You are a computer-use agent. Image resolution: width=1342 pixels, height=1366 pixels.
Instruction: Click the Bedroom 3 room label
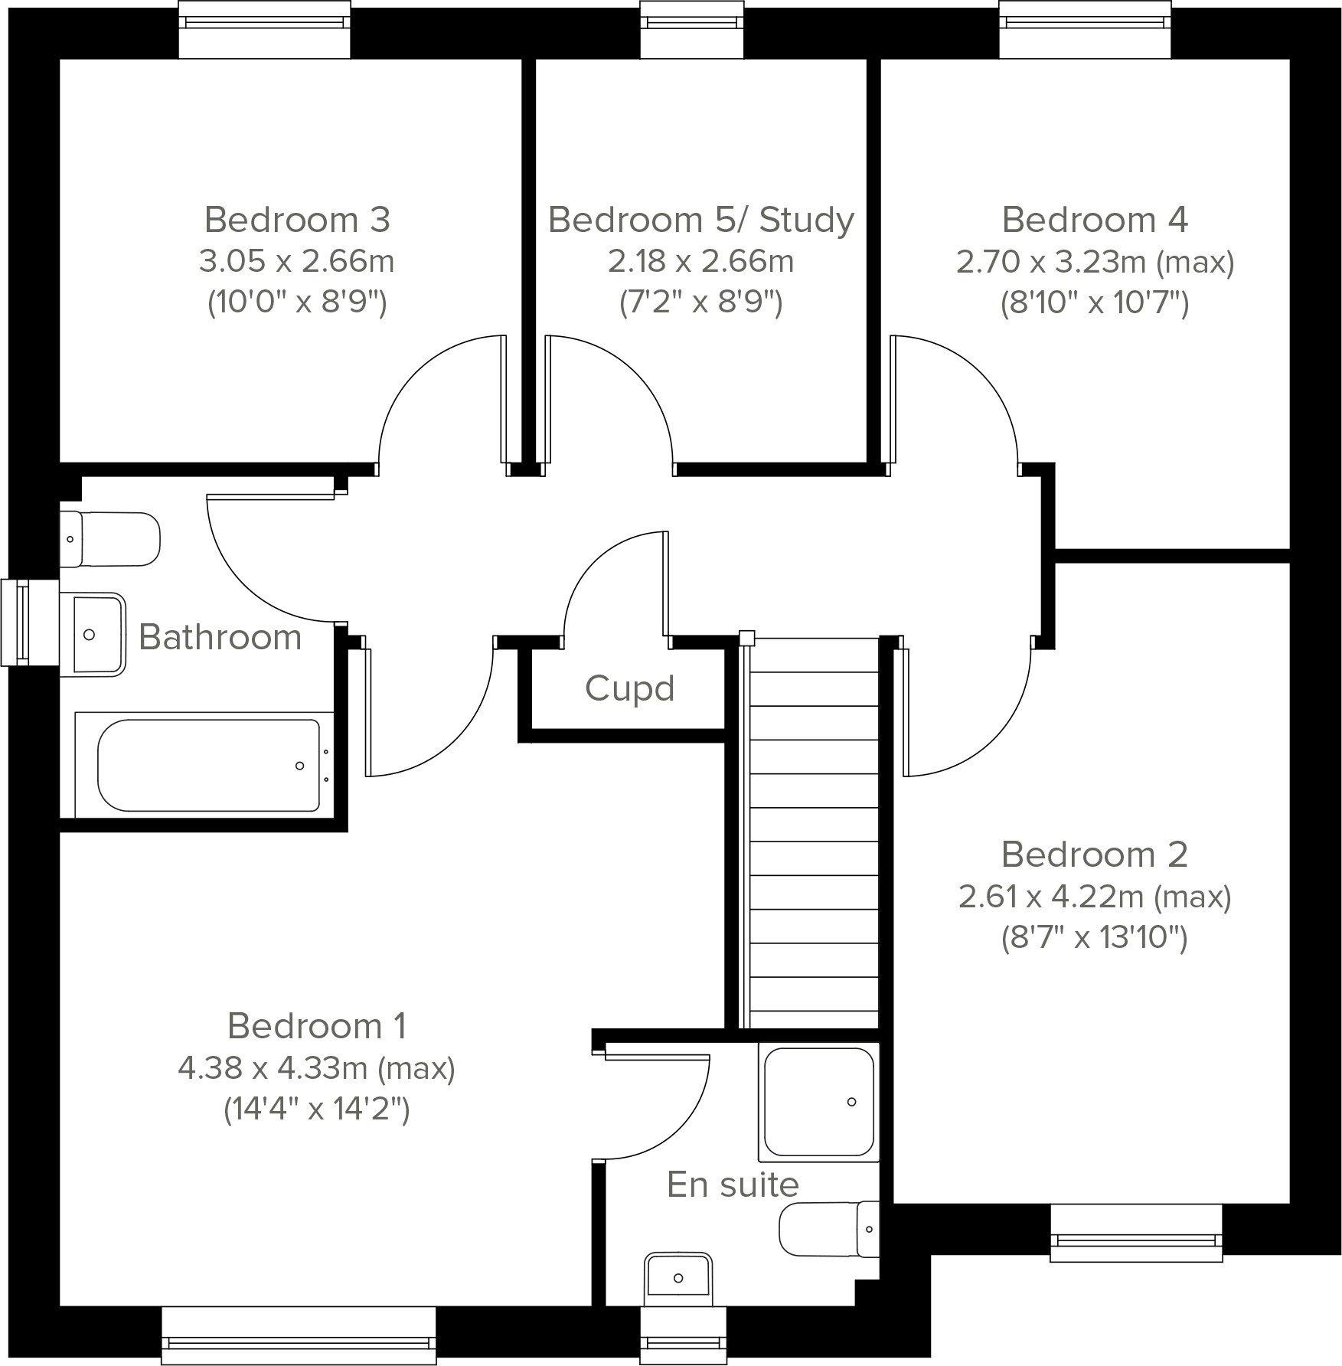click(297, 220)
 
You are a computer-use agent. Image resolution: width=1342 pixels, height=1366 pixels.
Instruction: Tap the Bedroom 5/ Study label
click(700, 220)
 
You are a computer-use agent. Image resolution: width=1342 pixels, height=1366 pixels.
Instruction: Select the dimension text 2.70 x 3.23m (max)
click(1095, 263)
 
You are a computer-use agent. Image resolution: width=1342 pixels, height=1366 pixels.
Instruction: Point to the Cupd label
click(629, 688)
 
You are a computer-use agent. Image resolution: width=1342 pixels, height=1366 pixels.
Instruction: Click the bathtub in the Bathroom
click(207, 765)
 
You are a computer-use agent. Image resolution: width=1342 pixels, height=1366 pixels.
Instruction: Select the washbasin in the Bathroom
click(93, 634)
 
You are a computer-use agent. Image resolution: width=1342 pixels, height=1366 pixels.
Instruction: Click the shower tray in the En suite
click(818, 1101)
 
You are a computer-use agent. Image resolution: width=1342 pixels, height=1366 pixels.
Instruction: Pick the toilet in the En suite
click(829, 1229)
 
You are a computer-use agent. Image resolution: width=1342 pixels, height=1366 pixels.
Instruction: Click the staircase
click(813, 835)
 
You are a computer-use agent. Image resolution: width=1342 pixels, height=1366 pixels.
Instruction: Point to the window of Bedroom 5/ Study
click(691, 30)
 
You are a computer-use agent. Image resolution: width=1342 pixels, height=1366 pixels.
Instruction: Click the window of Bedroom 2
click(1135, 1234)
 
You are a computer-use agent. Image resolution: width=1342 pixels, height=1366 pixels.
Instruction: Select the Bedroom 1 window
click(299, 1336)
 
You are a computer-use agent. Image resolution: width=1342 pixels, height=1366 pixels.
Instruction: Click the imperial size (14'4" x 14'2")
click(316, 1109)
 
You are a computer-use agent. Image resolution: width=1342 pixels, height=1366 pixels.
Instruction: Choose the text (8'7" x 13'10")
click(1094, 936)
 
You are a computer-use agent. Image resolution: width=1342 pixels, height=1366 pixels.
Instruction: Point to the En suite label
click(733, 1185)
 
